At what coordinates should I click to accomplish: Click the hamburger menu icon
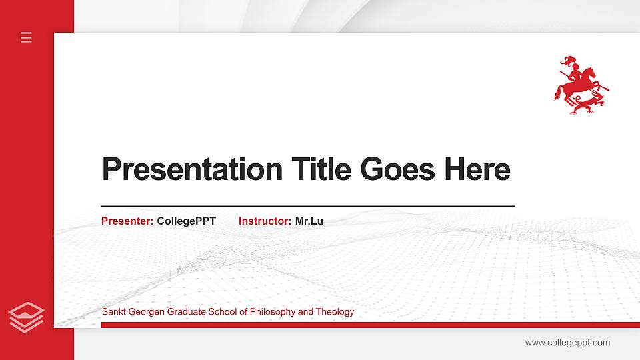[27, 37]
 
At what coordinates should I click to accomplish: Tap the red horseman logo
[581, 85]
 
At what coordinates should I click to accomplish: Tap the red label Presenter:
[127, 221]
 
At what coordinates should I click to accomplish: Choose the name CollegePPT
[187, 221]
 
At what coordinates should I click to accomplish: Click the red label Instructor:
[265, 221]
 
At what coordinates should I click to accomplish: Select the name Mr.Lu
[309, 221]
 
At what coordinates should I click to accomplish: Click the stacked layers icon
[27, 317]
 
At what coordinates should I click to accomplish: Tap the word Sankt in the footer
[113, 312]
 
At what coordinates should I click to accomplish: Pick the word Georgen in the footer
[143, 312]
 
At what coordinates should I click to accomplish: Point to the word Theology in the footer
[335, 312]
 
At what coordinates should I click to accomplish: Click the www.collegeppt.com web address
[567, 343]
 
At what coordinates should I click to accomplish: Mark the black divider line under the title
[308, 207]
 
